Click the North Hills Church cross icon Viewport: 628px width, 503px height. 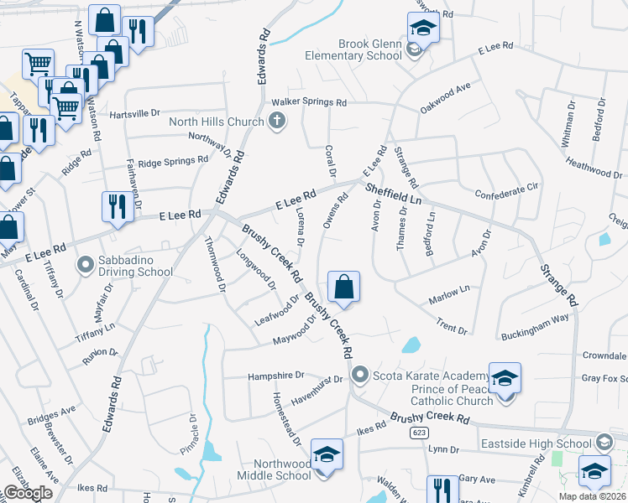(x=277, y=122)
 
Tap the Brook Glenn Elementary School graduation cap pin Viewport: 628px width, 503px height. (x=423, y=29)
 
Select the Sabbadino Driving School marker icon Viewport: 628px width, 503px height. (x=84, y=266)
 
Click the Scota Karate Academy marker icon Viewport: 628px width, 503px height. (x=361, y=374)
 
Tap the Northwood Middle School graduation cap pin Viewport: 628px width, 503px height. (x=326, y=456)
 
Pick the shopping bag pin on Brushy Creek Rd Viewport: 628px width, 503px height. (x=343, y=288)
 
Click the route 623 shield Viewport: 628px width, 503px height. (x=417, y=433)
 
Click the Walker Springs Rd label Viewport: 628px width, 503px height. (x=308, y=102)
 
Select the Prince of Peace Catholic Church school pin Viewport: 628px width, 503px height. (x=505, y=380)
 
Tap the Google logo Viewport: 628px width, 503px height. (x=28, y=492)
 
